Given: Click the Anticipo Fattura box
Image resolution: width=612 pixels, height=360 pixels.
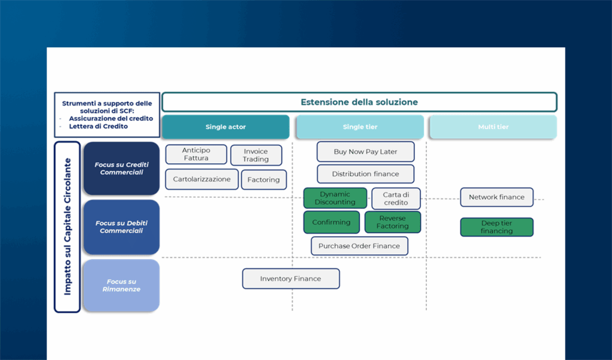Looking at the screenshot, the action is point(196,154).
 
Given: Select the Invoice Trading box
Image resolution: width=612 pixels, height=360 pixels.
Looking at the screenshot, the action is point(256,155).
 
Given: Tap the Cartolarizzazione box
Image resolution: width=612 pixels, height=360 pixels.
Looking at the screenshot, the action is point(202,179).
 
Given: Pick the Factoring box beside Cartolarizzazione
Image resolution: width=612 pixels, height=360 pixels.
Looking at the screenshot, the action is point(264,179).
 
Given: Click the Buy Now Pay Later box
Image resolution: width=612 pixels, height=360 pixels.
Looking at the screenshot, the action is point(365,151).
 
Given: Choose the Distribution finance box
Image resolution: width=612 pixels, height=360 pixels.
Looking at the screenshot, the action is point(365,174).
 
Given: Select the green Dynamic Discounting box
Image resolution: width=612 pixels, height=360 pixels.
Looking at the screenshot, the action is point(335,198).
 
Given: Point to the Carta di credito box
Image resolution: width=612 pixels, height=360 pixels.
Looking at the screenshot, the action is point(396,199).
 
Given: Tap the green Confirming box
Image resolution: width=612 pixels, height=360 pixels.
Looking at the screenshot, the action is point(331,222).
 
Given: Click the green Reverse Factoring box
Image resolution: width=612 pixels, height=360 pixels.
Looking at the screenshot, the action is point(393,222).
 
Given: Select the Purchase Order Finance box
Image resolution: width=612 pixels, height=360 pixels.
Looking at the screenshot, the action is point(359,246).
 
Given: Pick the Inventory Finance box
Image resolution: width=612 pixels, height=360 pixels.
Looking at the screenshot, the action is point(291,279).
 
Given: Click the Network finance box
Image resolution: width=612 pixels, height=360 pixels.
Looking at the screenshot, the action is point(497,197).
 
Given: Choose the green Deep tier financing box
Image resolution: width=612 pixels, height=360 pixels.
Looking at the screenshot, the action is point(497,227).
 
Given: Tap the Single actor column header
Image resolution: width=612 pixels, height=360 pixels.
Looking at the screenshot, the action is point(225,127).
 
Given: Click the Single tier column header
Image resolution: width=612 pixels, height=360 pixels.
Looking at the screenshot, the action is point(360,127).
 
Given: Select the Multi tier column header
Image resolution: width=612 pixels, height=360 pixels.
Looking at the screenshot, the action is point(493,127).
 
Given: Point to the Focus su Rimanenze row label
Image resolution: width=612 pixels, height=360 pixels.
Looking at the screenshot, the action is point(121,285).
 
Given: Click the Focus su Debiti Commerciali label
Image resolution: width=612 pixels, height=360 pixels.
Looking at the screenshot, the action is point(121,227).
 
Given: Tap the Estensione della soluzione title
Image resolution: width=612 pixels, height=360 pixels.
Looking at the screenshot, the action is point(359,102).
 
